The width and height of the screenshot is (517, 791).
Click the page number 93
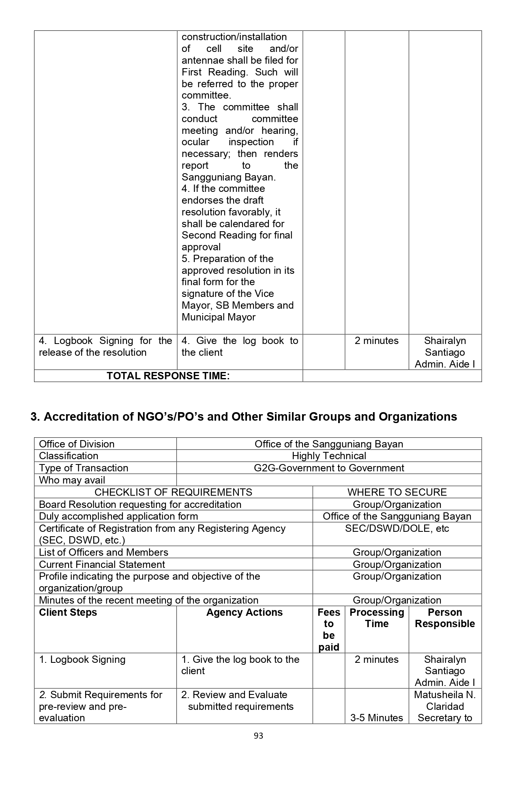click(258, 736)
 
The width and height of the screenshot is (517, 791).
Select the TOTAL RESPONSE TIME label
click(168, 376)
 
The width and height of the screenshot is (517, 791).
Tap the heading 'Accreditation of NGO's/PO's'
click(244, 417)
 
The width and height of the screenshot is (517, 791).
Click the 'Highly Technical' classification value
click(329, 456)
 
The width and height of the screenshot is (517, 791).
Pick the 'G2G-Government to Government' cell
click(329, 468)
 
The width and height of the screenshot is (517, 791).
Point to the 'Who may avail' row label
click(72, 480)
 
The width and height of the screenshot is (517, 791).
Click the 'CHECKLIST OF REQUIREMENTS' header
click(173, 492)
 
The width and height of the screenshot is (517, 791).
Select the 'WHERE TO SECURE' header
click(397, 492)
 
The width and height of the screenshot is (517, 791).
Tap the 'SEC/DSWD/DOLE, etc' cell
click(397, 529)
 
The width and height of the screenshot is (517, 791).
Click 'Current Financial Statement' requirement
click(102, 565)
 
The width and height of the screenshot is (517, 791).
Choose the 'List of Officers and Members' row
click(103, 552)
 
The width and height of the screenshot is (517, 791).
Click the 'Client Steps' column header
click(68, 613)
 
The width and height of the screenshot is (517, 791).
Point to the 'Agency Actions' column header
click(245, 613)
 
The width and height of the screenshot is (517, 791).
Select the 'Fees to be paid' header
click(329, 630)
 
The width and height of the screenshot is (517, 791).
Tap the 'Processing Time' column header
click(377, 618)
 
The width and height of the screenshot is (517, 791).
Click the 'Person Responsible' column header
click(445, 618)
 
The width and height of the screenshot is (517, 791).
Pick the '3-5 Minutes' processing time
click(377, 718)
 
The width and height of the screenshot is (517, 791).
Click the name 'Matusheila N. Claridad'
click(445, 701)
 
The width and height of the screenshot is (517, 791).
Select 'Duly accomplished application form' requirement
click(118, 516)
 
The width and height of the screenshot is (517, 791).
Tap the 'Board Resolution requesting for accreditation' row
click(140, 505)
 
